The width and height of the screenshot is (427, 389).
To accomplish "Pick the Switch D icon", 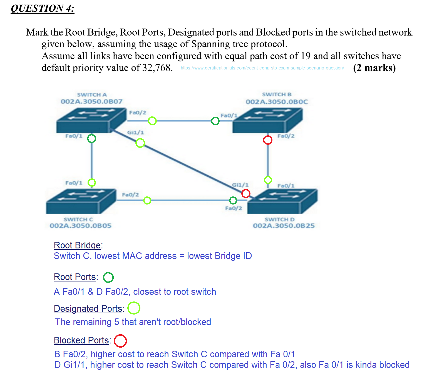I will pos(282,201).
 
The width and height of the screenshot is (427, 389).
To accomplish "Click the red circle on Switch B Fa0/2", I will pos(268,140).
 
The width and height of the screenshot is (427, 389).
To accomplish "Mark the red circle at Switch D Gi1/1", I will pos(246,193).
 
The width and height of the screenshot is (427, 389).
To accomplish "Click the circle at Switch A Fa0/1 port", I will pos(91,138).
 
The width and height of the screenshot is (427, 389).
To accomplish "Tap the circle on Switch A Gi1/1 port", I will pos(140,143).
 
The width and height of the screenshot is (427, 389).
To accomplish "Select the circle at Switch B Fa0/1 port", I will pos(215,121).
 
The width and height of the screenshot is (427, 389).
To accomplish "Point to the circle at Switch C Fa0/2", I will pos(147,200).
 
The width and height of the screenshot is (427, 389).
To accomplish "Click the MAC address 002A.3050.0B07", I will pos(91,102).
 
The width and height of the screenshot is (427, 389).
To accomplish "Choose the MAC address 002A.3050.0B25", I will pos(284,226).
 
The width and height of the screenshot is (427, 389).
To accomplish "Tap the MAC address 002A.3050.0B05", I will pos(81,226).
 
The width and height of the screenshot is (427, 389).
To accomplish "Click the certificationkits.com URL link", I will pos(262,68).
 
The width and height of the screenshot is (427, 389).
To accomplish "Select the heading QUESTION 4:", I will pos(43,8).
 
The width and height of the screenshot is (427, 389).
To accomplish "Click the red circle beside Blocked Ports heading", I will pos(120,341).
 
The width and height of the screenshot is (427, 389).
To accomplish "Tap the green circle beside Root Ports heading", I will pos(108,277).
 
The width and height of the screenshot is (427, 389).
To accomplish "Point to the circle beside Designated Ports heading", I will pos(134,308).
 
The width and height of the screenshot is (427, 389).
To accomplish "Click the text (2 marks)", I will pos(374,68).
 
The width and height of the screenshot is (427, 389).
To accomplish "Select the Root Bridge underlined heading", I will pos(77,245).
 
